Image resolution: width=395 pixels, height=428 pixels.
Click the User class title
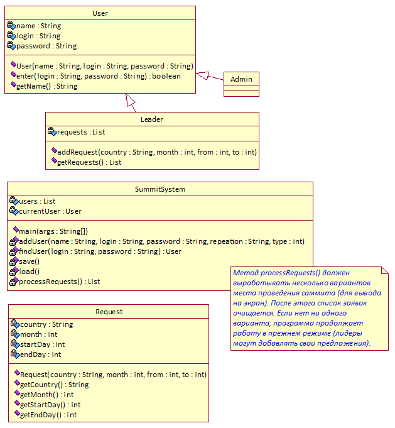100,13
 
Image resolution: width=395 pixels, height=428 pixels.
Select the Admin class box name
241,79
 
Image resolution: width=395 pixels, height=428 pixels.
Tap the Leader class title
152,119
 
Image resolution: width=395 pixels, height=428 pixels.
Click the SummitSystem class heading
160,189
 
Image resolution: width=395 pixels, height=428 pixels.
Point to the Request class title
109,312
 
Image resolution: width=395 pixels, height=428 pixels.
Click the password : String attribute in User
46,46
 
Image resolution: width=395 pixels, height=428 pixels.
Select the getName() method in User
47,86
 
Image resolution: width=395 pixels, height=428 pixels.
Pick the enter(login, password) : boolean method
99,76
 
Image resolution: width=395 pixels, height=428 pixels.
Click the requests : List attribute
81,132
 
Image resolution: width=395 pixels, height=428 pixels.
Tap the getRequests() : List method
89,162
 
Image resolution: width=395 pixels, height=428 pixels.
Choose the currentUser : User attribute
50,211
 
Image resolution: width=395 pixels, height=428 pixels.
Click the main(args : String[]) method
53,231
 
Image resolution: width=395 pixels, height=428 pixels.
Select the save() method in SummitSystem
29,261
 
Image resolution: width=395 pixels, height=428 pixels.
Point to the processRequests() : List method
60,282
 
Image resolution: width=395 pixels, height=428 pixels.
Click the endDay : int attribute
41,354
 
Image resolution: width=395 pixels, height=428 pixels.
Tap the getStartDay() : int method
50,405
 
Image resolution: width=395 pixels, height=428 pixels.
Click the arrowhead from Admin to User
202,75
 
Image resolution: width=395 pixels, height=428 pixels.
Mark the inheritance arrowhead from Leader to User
130,100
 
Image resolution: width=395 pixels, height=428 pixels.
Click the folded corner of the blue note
384,270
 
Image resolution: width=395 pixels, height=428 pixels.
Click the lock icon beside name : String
11,25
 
